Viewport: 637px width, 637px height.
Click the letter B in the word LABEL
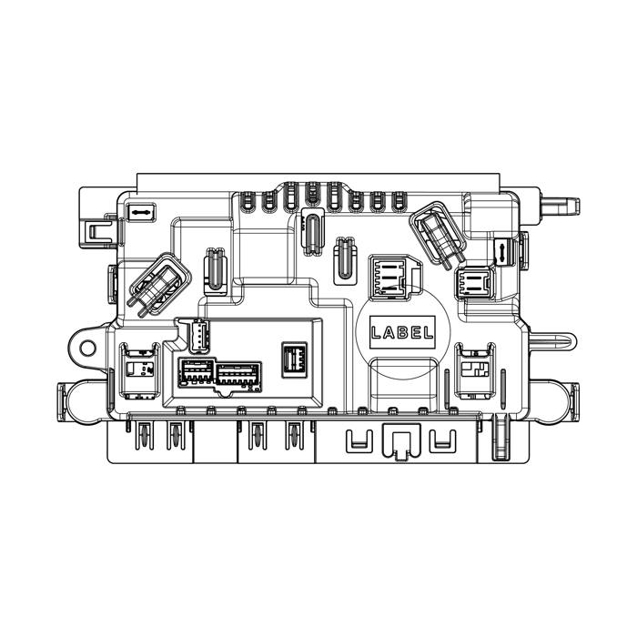(402, 333)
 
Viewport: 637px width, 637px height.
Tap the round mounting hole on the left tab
(87, 348)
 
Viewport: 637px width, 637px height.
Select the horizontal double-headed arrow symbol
(140, 212)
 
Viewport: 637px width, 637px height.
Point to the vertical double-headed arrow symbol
(502, 252)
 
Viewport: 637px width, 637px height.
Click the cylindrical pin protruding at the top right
(561, 207)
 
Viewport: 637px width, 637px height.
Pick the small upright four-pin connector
(198, 334)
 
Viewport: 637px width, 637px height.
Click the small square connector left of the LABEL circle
(295, 360)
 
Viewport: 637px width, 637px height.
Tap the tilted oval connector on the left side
(159, 284)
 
